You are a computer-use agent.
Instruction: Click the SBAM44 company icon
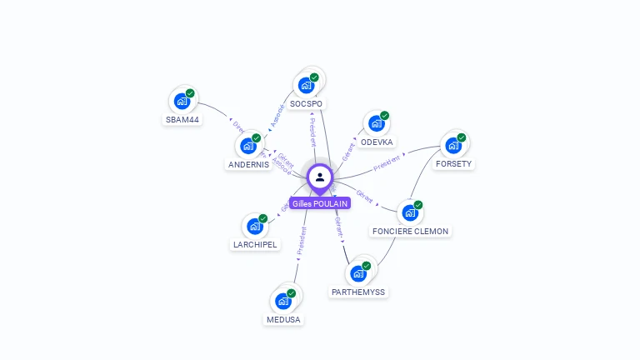[x=182, y=102]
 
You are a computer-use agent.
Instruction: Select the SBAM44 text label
[x=182, y=119]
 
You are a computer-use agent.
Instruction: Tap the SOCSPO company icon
[x=306, y=85]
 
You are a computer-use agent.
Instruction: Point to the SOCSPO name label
[x=307, y=103]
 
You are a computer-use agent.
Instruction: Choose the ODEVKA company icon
[x=376, y=124]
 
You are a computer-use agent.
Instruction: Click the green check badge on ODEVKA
[x=384, y=116]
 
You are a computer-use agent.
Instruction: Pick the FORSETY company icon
[x=453, y=146]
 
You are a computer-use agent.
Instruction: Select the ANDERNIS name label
[x=249, y=164]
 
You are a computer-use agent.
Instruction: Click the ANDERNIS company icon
[x=248, y=146]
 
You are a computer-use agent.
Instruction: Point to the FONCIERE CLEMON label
[x=410, y=231]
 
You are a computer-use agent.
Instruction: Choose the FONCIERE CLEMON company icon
[x=409, y=212]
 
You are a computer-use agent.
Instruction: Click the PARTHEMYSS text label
[x=358, y=292]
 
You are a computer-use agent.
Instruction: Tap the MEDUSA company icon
[x=283, y=301]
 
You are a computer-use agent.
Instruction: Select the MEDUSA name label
[x=283, y=319]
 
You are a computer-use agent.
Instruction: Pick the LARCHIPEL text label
[x=255, y=245]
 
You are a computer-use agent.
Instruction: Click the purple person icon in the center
[x=320, y=177]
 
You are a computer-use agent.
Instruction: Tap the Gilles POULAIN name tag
[x=320, y=203]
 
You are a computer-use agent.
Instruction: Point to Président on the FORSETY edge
[x=388, y=162]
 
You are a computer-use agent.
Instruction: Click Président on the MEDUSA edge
[x=301, y=240]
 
